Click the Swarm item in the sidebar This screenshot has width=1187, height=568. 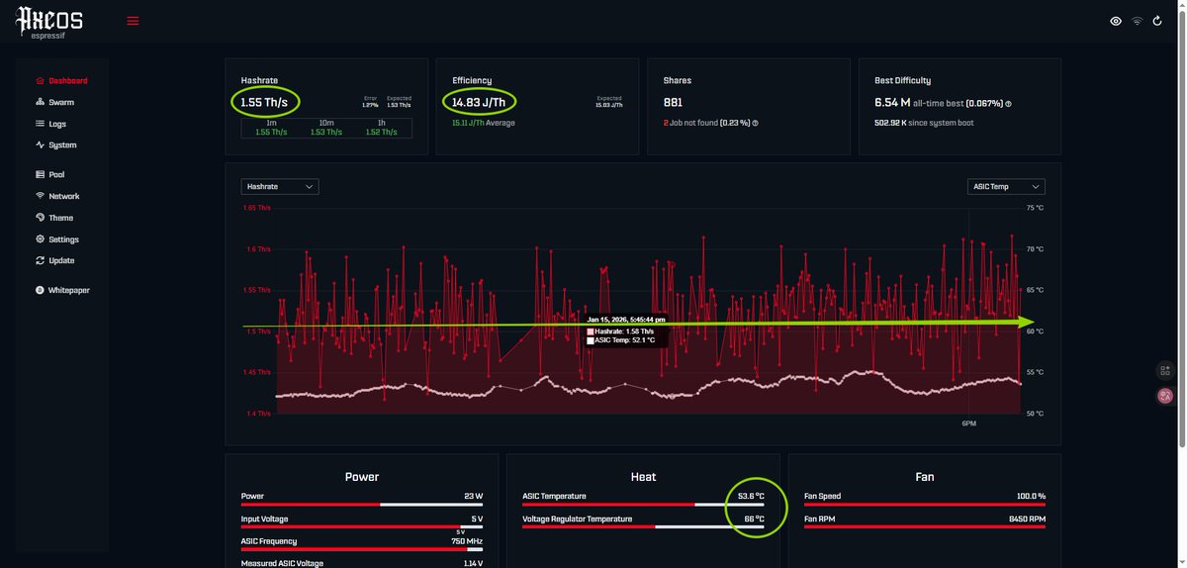pyautogui.click(x=60, y=102)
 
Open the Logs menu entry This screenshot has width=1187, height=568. pyautogui.click(x=57, y=124)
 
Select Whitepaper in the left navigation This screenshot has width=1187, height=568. pyautogui.click(x=68, y=290)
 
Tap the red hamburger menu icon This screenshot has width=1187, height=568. pyautogui.click(x=133, y=21)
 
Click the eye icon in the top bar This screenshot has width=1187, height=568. pyautogui.click(x=1116, y=21)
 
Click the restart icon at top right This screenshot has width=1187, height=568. pyautogui.click(x=1157, y=21)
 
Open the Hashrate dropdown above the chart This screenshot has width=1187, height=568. pyautogui.click(x=280, y=186)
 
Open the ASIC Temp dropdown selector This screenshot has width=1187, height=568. pyautogui.click(x=1006, y=186)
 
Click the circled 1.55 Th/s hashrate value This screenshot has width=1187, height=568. pyautogui.click(x=264, y=101)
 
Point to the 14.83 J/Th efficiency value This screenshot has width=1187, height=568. pyautogui.click(x=479, y=101)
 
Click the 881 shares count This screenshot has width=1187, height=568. pyautogui.click(x=673, y=101)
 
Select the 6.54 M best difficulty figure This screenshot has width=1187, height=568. pyautogui.click(x=892, y=102)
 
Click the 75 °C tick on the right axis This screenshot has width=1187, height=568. pyautogui.click(x=1035, y=208)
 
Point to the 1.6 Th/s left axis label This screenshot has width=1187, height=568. pyautogui.click(x=256, y=249)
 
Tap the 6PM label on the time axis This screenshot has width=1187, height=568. pyautogui.click(x=968, y=424)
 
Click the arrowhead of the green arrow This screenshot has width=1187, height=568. pyautogui.click(x=1028, y=322)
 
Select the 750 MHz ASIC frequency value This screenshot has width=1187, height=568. pyautogui.click(x=468, y=541)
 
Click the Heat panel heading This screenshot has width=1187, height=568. pyautogui.click(x=643, y=477)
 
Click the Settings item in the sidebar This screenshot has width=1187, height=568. pyautogui.click(x=63, y=239)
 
